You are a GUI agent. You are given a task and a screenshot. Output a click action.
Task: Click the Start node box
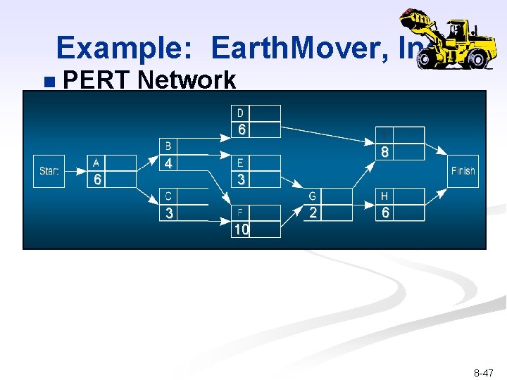49,171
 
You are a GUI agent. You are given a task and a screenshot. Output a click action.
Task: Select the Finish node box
463,171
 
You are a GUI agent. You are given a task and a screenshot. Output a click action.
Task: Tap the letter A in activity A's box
96,163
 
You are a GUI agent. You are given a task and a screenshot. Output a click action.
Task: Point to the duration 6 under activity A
98,179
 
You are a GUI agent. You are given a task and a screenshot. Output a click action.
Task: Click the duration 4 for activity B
168,163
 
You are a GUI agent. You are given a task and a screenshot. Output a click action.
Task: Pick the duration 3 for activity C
169,213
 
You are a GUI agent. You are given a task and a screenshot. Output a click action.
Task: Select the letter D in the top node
240,113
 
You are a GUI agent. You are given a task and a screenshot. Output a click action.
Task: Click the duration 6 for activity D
242,129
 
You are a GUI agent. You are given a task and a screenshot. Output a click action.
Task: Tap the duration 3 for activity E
242,179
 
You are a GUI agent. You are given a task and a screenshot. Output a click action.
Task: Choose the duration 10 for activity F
242,229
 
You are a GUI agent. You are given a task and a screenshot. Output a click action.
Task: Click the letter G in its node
313,196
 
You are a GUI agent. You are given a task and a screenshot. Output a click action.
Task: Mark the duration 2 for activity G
313,213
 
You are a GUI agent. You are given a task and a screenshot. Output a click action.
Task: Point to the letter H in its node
384,196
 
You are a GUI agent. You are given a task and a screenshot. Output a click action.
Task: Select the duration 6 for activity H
385,213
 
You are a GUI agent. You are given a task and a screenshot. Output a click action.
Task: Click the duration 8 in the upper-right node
385,151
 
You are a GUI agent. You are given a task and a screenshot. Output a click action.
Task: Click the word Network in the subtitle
187,80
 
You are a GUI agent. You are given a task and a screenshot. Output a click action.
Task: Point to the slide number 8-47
484,372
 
